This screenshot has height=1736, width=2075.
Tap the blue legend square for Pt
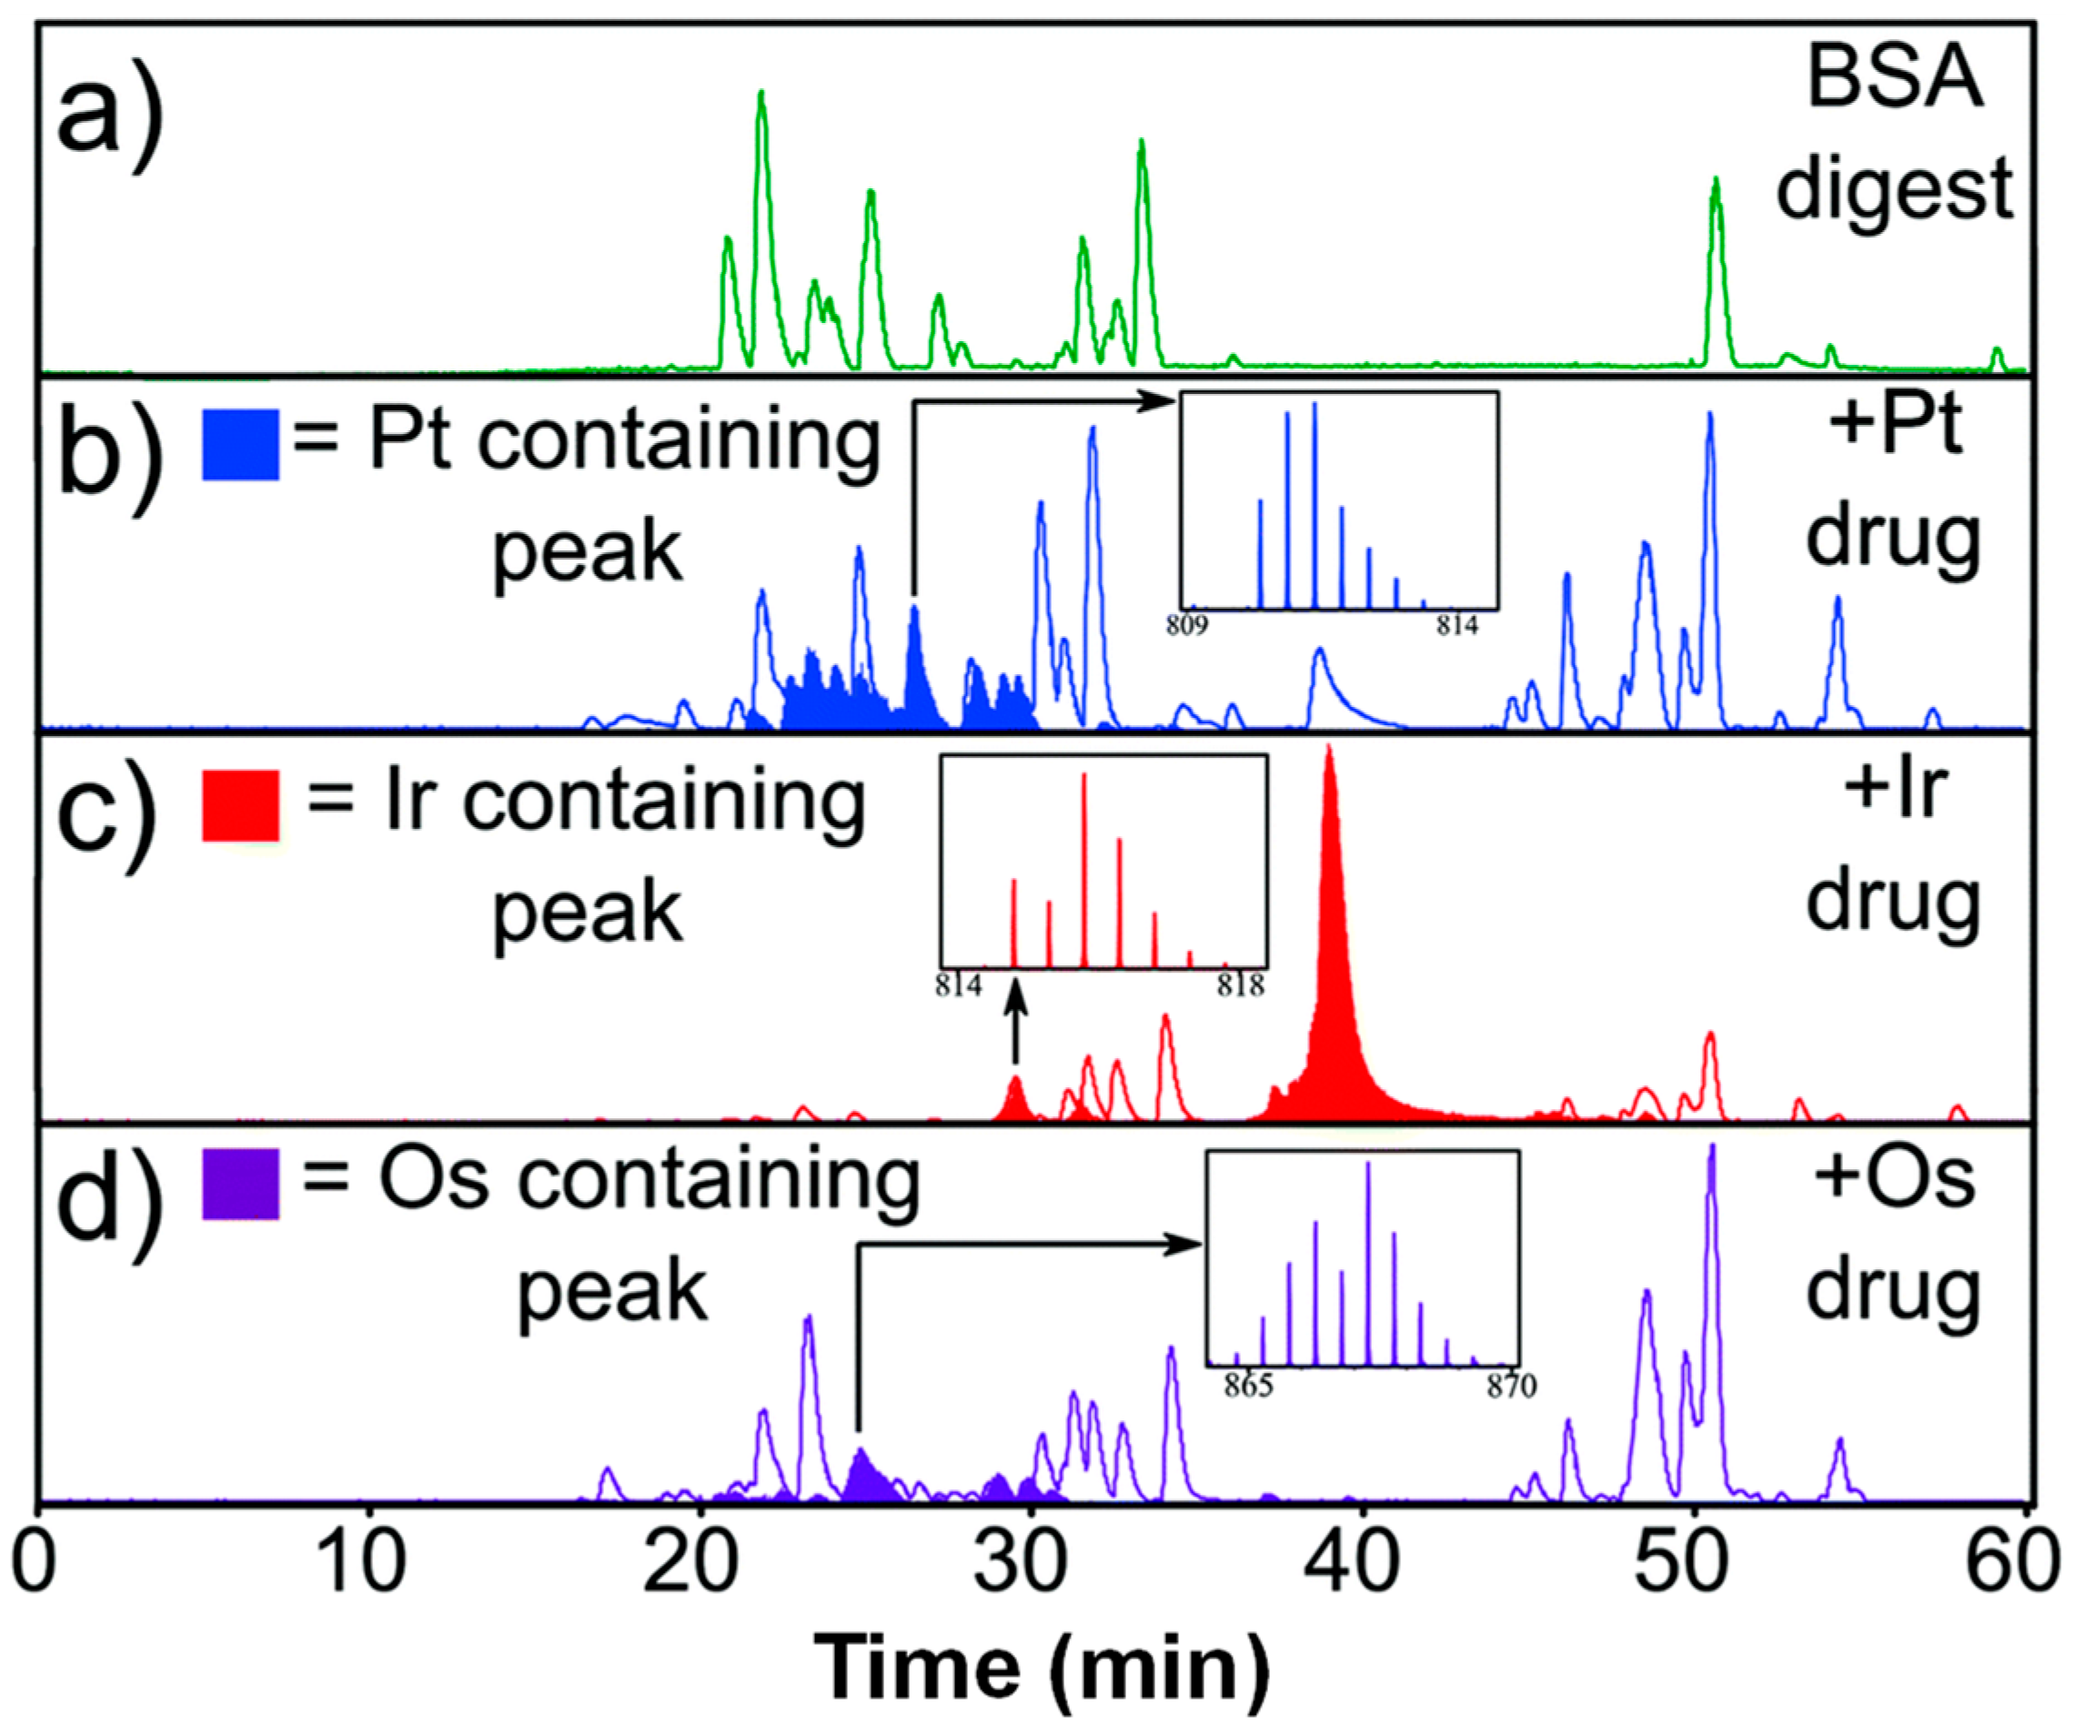tap(240, 445)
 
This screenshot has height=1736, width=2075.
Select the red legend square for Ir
tap(240, 805)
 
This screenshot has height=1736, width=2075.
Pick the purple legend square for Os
tap(240, 1183)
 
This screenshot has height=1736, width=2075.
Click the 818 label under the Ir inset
tap(1240, 986)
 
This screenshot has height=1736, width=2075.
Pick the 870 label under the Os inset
tap(1511, 1388)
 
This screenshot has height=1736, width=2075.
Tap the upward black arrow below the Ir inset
tap(1016, 1027)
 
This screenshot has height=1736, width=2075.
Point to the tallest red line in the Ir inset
tap(1084, 870)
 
